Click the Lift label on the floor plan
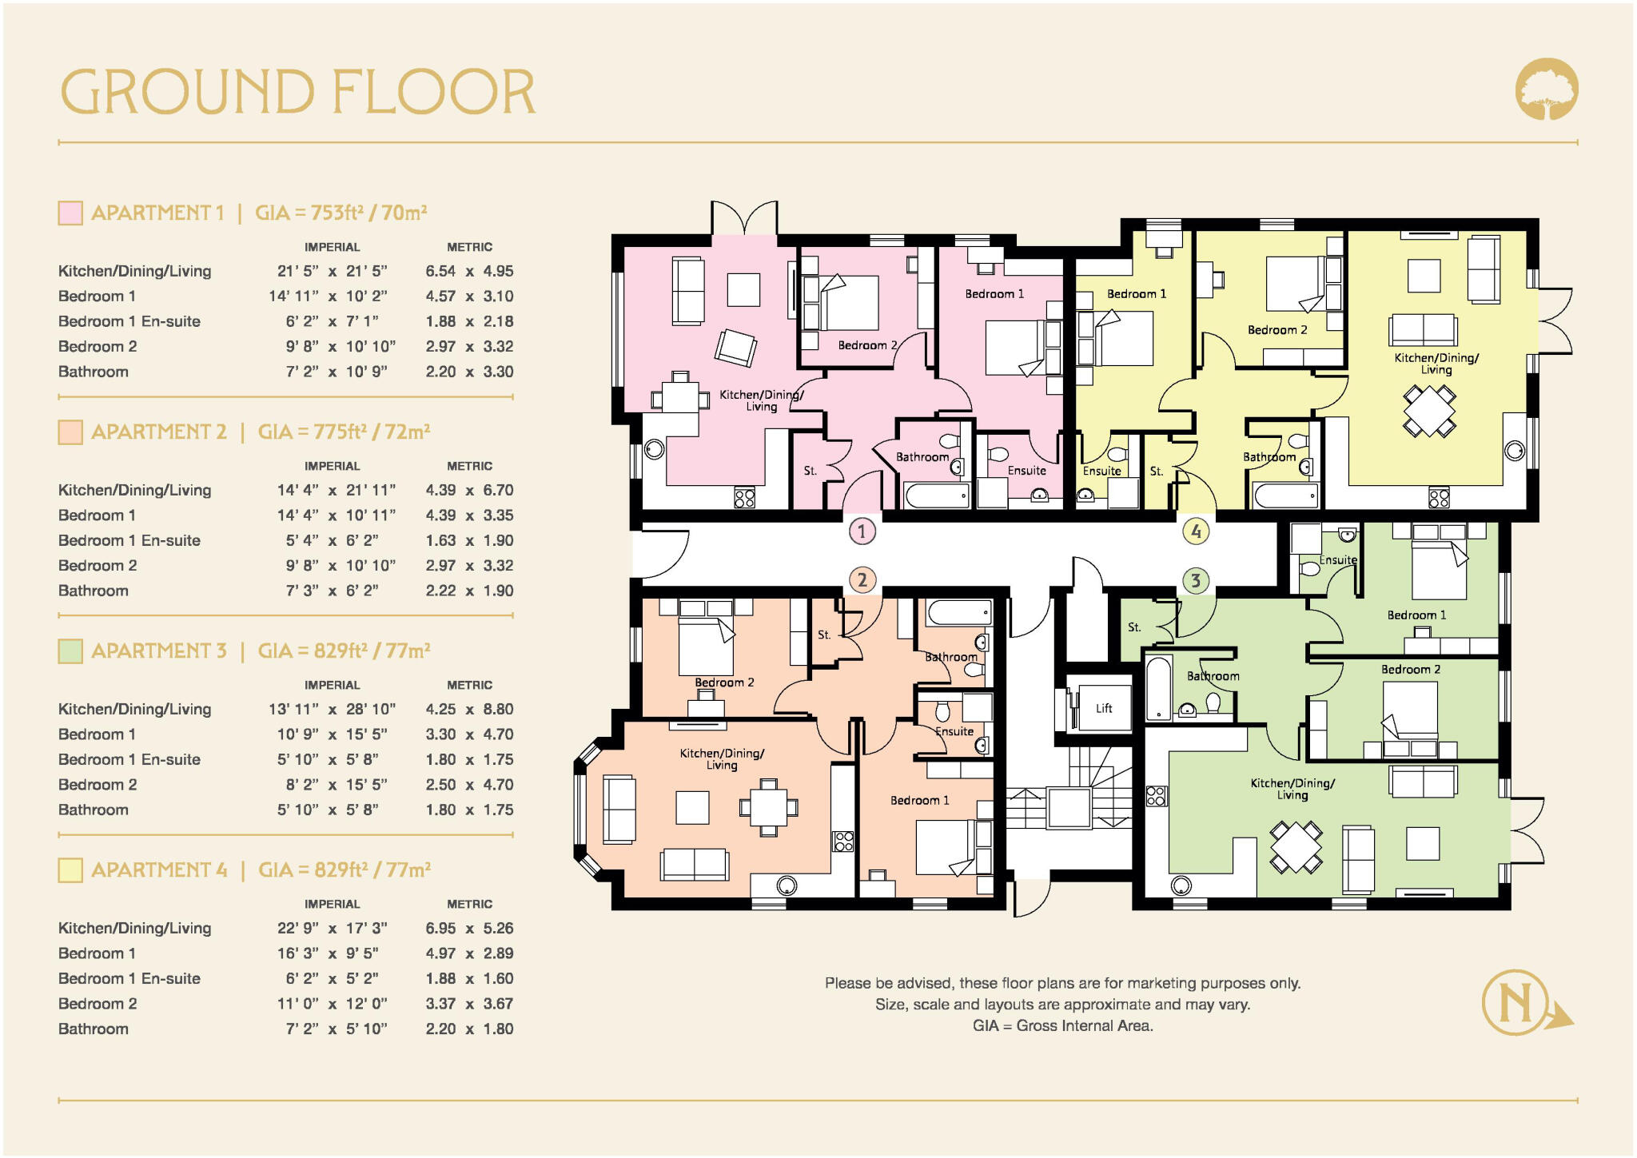coord(1104,708)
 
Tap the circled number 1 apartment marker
coord(862,531)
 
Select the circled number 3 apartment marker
coord(1196,580)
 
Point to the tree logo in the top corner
coord(1547,89)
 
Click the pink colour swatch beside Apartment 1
coord(70,213)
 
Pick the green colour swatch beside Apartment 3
coord(70,651)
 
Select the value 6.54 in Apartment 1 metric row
coord(440,271)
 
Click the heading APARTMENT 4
coord(159,869)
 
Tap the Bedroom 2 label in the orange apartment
coord(724,682)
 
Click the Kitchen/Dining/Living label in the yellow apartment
coord(1436,363)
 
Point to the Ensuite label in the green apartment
coord(1338,560)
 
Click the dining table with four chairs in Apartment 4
coord(1429,411)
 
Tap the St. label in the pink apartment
coord(811,471)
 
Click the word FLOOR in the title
coord(432,92)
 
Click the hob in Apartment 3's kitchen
coord(1156,795)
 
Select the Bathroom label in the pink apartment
coord(922,457)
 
